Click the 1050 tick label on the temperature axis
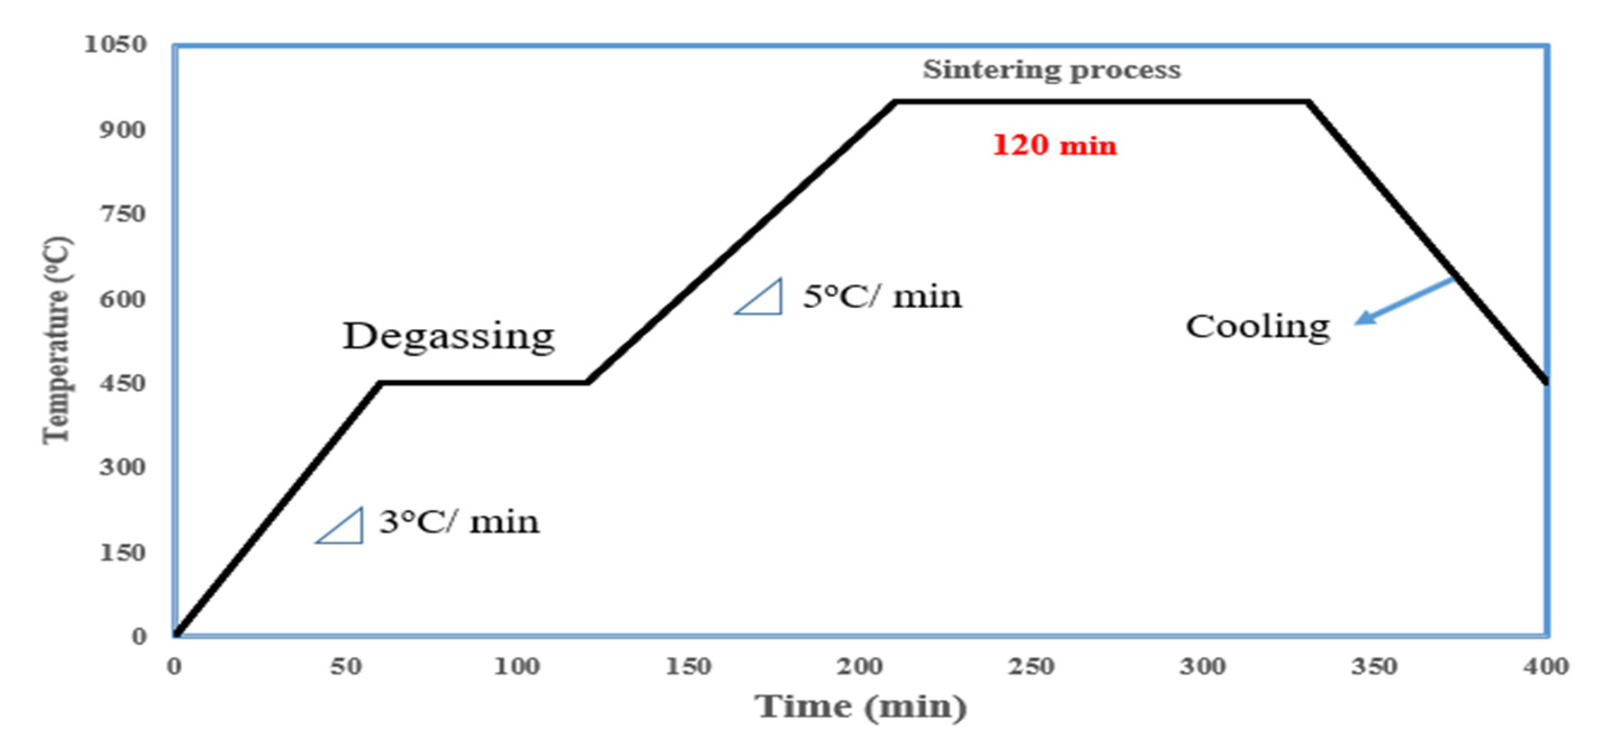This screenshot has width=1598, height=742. (115, 44)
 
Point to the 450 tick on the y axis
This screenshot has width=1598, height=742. (123, 383)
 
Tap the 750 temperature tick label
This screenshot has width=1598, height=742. (123, 214)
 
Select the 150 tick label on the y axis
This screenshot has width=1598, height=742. (123, 552)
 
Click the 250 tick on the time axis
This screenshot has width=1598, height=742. (1031, 666)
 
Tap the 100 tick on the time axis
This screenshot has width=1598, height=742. (517, 666)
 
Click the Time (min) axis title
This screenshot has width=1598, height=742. (861, 707)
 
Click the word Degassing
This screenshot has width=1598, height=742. (449, 336)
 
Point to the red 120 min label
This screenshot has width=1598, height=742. (1054, 145)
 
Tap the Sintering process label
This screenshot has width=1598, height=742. (1052, 70)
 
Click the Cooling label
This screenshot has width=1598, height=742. (1258, 327)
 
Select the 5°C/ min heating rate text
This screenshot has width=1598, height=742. (882, 297)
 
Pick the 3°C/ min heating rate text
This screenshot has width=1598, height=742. (459, 522)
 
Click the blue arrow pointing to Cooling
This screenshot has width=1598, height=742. (1403, 301)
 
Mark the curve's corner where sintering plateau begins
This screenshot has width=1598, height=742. (896, 101)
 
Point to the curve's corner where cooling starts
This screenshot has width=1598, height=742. (1307, 101)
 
